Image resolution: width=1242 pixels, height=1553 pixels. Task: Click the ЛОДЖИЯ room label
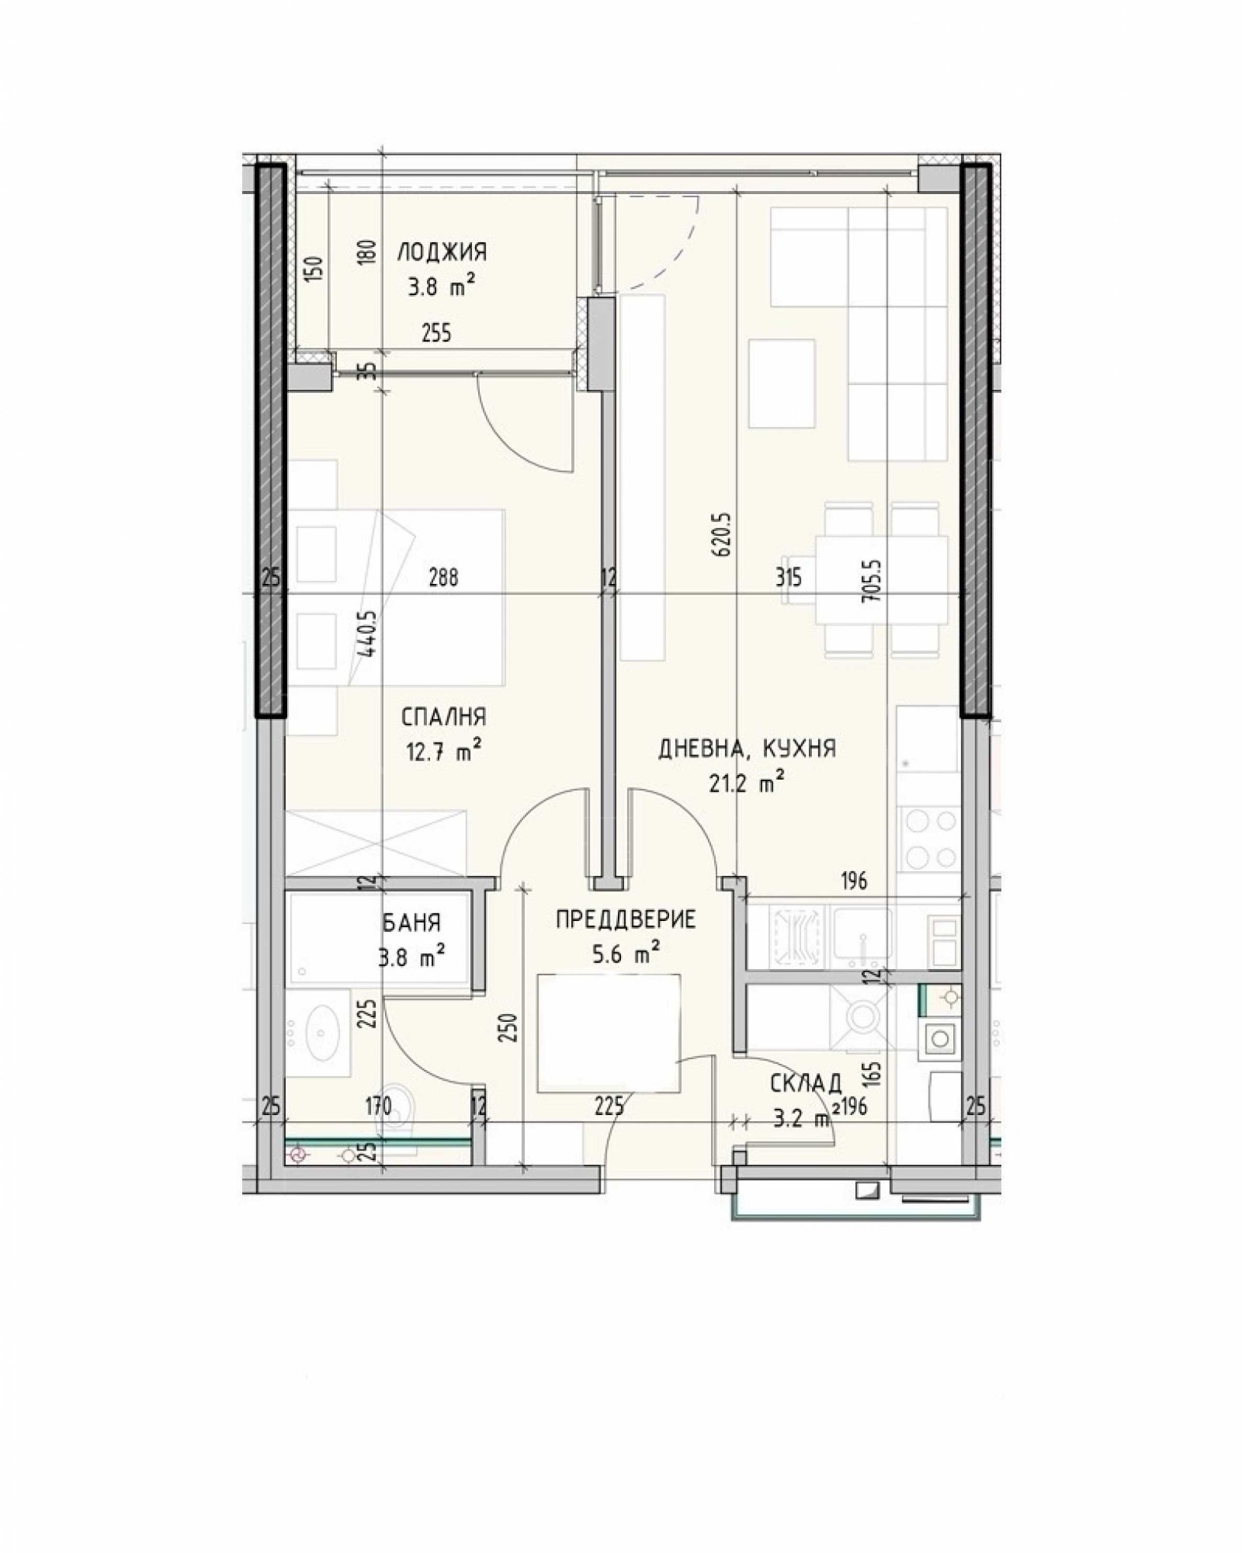442,252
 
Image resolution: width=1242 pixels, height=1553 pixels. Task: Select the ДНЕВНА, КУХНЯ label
747,749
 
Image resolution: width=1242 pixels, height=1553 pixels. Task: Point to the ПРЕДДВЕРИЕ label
626,920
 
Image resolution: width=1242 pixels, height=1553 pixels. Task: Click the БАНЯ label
411,922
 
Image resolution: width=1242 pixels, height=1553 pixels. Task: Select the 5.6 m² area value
626,954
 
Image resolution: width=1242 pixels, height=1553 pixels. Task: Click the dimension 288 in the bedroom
443,578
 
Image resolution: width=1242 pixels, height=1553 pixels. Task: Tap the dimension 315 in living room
788,578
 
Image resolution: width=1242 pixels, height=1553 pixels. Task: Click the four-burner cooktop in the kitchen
928,839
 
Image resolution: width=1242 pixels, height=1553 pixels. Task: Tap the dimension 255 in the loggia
436,334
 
